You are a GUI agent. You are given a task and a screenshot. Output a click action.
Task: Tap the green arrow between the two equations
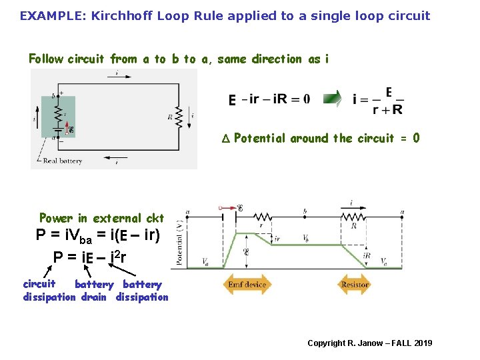[x=332, y=99]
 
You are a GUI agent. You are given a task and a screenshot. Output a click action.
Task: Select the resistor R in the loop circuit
[x=179, y=116]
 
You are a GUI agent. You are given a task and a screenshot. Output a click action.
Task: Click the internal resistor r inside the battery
[x=58, y=111]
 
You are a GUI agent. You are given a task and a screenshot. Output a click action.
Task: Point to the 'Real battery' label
[x=63, y=161]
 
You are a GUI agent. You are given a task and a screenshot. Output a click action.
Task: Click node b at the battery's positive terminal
[x=54, y=96]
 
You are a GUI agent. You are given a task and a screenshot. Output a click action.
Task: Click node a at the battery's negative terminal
[x=54, y=138]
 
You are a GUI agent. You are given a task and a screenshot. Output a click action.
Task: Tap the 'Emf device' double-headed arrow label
[x=247, y=285]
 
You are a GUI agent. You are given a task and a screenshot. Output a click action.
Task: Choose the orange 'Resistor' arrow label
[x=354, y=285]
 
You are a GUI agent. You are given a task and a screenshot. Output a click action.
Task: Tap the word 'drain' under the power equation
[x=93, y=297]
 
